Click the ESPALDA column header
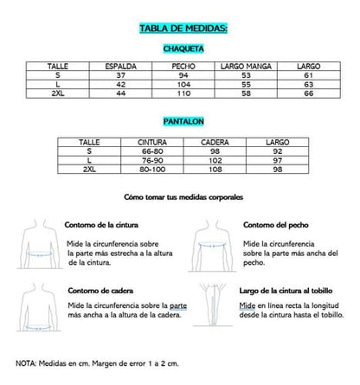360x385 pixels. [x=120, y=66]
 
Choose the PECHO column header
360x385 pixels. [x=183, y=66]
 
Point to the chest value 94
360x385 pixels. [x=183, y=74]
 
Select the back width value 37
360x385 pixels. [x=120, y=74]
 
